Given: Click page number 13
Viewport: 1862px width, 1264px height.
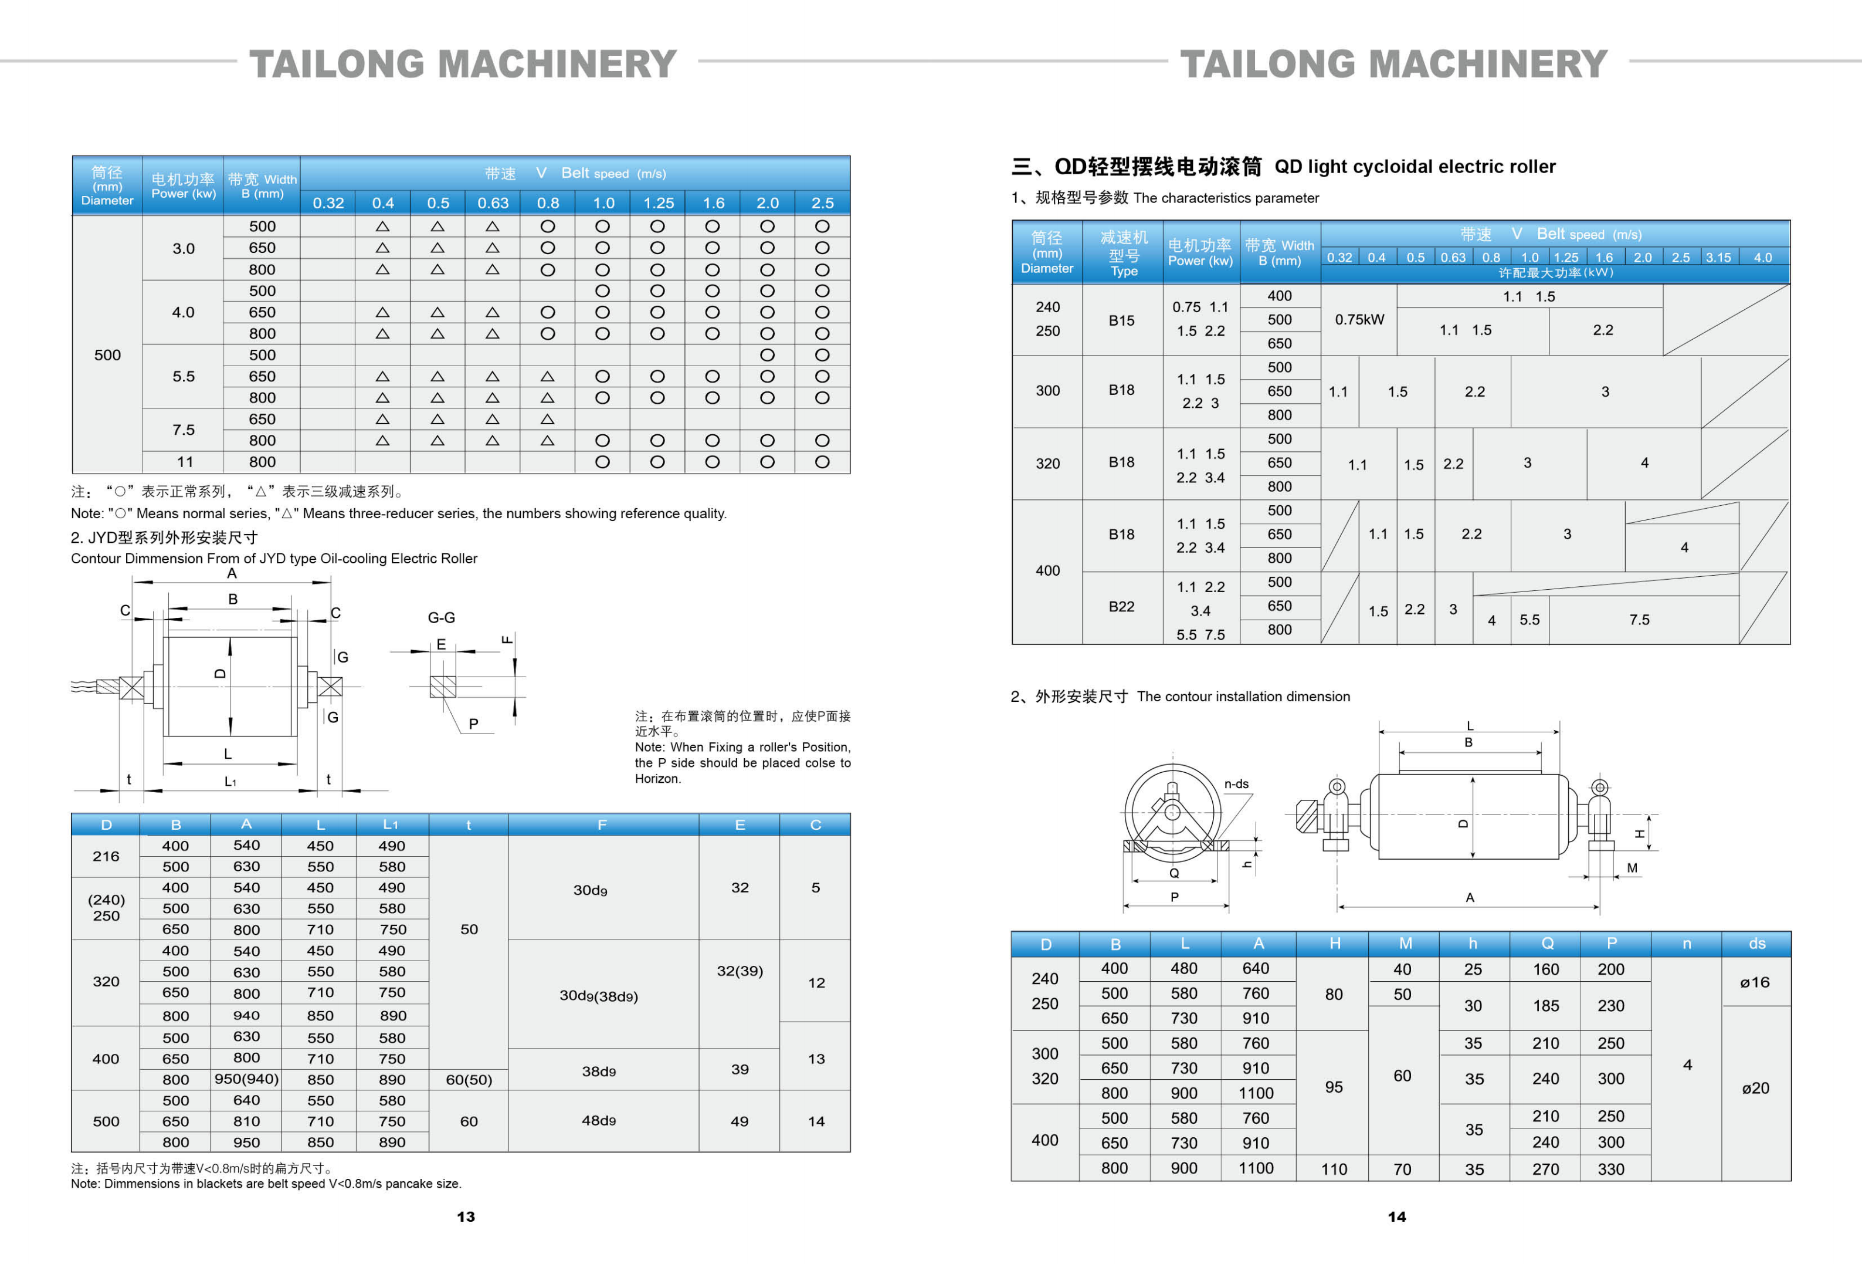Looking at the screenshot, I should [x=466, y=1216].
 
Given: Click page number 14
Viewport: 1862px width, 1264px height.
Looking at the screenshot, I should [x=1396, y=1216].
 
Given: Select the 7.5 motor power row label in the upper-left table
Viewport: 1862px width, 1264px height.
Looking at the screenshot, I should [x=184, y=430].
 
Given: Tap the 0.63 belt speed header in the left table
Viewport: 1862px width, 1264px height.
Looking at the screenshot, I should [x=493, y=203].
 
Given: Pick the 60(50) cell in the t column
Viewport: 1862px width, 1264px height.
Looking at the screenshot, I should [x=469, y=1080].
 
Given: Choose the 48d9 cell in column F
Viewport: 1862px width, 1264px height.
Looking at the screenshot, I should [x=599, y=1121].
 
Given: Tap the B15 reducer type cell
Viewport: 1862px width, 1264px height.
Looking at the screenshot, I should [x=1122, y=320].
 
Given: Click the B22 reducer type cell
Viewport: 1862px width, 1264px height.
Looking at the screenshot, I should [x=1122, y=607].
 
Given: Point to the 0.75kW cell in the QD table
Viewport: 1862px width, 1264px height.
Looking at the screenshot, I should [x=1359, y=320].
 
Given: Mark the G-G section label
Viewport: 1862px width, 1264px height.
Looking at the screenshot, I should [x=442, y=617].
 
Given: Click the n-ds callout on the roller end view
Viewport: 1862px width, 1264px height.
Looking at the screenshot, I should [x=1236, y=784].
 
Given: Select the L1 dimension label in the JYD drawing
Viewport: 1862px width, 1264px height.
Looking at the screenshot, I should [x=230, y=782].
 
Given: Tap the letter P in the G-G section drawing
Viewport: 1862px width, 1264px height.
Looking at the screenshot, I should [x=473, y=724].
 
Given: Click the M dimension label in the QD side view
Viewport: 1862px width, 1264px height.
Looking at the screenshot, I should [x=1632, y=868].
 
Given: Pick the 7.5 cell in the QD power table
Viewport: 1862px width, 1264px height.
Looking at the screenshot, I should [x=1639, y=620].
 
